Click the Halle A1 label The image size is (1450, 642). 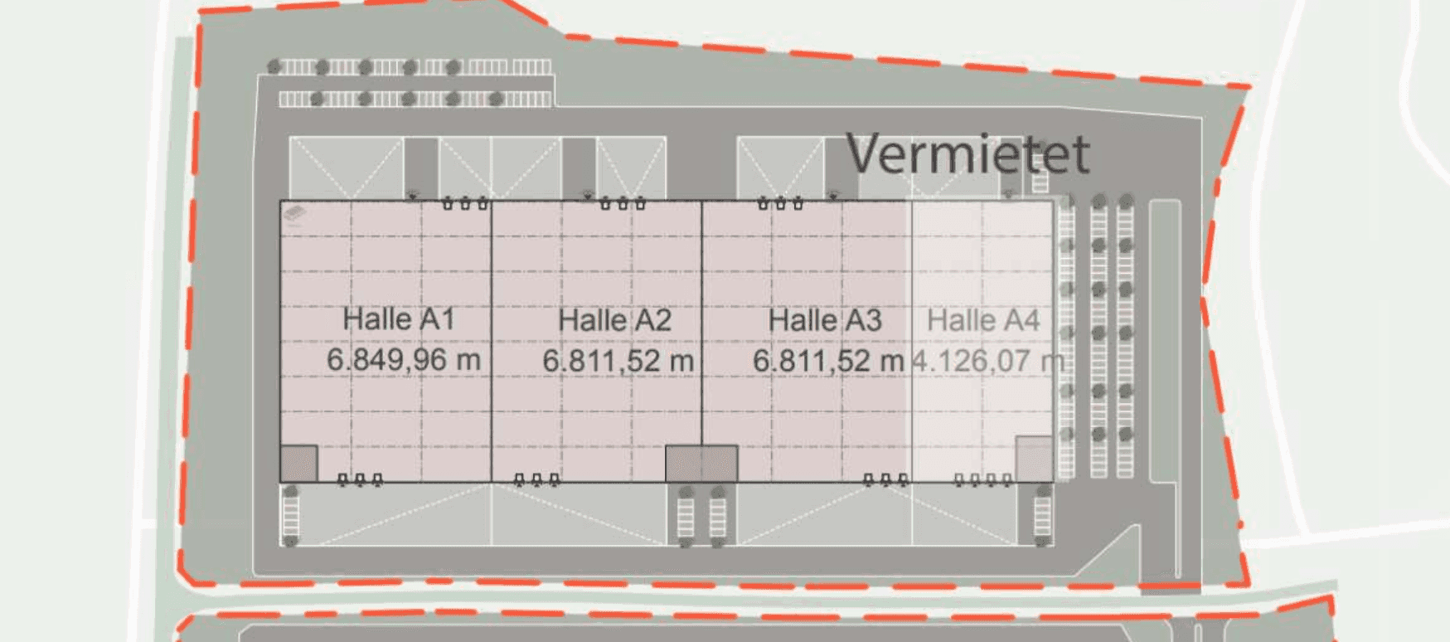tap(399, 319)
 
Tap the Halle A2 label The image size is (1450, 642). tap(614, 320)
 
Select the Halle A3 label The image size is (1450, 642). tap(825, 320)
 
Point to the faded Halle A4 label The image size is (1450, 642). tap(983, 320)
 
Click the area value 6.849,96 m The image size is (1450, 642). tap(403, 360)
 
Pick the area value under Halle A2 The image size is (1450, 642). tap(618, 361)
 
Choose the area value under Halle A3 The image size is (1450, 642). tap(827, 361)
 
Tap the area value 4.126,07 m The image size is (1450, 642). tap(987, 361)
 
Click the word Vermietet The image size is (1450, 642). tap(967, 153)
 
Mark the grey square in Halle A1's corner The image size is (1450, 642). tap(298, 463)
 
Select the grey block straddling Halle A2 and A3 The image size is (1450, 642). tap(701, 464)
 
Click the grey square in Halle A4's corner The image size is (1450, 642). tap(1035, 459)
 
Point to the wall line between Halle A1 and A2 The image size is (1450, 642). tap(492, 340)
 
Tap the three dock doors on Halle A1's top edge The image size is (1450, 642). tap(464, 202)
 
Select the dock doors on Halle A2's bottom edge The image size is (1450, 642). tap(536, 479)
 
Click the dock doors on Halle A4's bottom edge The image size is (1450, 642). tap(982, 479)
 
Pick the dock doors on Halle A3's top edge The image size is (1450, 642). tap(780, 202)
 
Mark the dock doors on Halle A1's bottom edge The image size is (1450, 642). tap(360, 479)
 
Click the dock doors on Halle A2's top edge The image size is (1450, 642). tap(622, 202)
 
